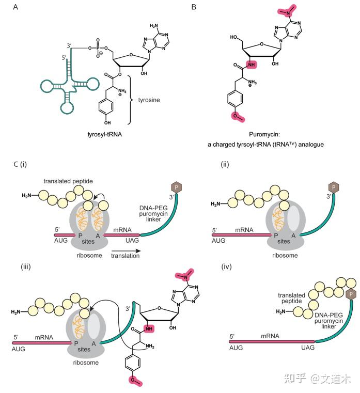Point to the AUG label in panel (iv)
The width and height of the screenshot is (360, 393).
tap(236, 349)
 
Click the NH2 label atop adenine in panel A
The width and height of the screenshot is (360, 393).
tap(154, 24)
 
